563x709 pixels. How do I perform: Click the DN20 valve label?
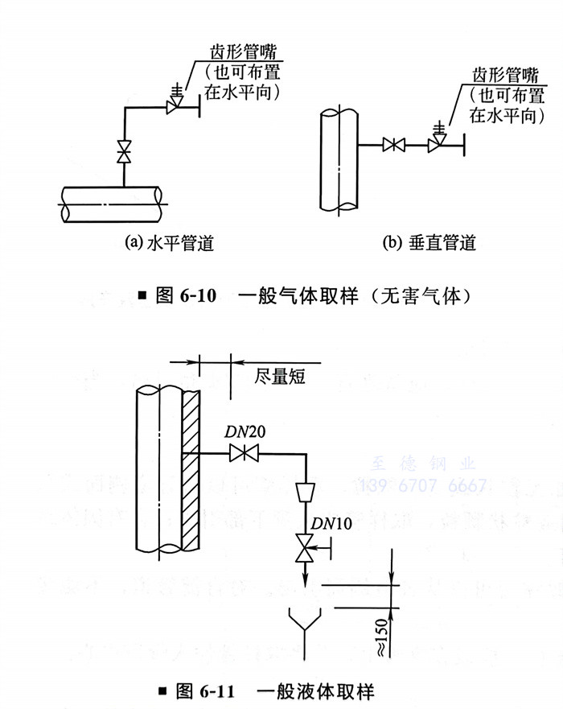click(245, 433)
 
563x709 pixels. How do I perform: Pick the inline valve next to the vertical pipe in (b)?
click(393, 145)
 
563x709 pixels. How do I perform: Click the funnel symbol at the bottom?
click(306, 624)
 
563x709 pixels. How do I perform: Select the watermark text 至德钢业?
click(424, 464)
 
